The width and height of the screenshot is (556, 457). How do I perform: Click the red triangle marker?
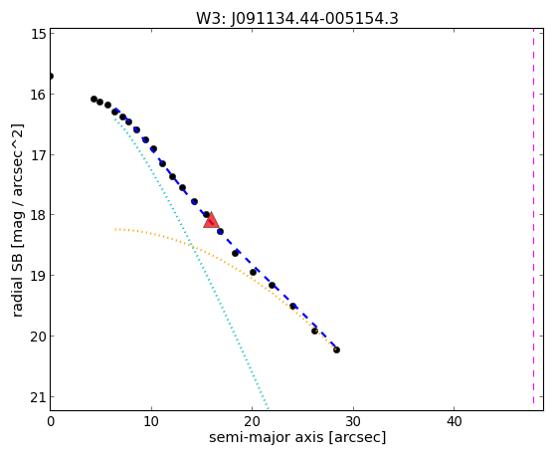[x=211, y=220]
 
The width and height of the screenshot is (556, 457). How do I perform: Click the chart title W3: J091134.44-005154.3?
[x=297, y=19]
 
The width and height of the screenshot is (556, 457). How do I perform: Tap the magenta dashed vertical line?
[x=533, y=216]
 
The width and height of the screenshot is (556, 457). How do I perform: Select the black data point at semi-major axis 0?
[x=51, y=76]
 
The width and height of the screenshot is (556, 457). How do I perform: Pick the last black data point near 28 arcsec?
[x=336, y=350]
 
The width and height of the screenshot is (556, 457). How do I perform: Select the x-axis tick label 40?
[x=454, y=421]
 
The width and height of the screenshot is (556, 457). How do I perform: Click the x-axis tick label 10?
[x=151, y=421]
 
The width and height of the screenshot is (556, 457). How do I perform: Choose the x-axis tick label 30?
[x=353, y=421]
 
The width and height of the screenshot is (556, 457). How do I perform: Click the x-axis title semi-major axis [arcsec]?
[x=297, y=437]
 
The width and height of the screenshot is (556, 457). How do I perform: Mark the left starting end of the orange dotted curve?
[x=115, y=229]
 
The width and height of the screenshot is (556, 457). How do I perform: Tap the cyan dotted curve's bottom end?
[x=268, y=408]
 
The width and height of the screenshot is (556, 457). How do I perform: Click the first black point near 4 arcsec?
[x=93, y=100]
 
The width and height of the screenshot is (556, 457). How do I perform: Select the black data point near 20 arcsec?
[x=253, y=273]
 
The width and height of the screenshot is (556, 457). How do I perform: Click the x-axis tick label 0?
[x=51, y=421]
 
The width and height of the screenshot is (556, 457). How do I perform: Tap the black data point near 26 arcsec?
[x=314, y=331]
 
